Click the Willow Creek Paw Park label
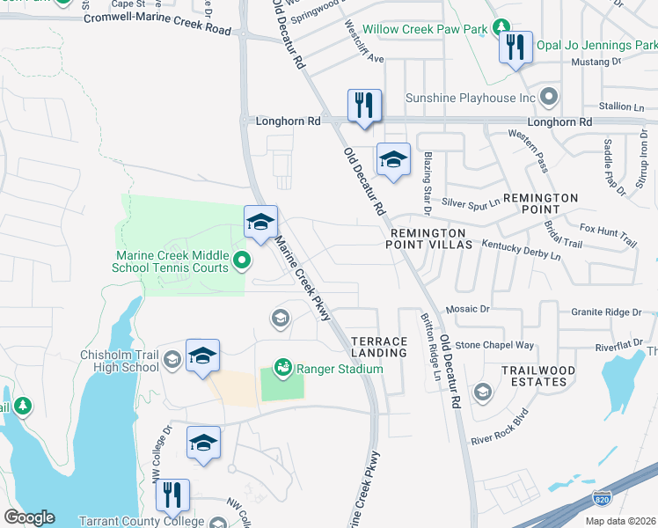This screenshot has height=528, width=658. [425, 29]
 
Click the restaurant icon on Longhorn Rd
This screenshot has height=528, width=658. [363, 106]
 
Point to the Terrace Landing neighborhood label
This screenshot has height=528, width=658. [380, 347]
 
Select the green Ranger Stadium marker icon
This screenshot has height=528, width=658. [282, 366]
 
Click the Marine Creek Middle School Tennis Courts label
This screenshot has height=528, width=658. [172, 262]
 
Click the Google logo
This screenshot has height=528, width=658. [29, 517]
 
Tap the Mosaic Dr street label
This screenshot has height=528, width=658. [466, 309]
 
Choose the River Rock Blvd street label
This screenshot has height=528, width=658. [498, 428]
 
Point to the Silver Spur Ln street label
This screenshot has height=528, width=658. [470, 202]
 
